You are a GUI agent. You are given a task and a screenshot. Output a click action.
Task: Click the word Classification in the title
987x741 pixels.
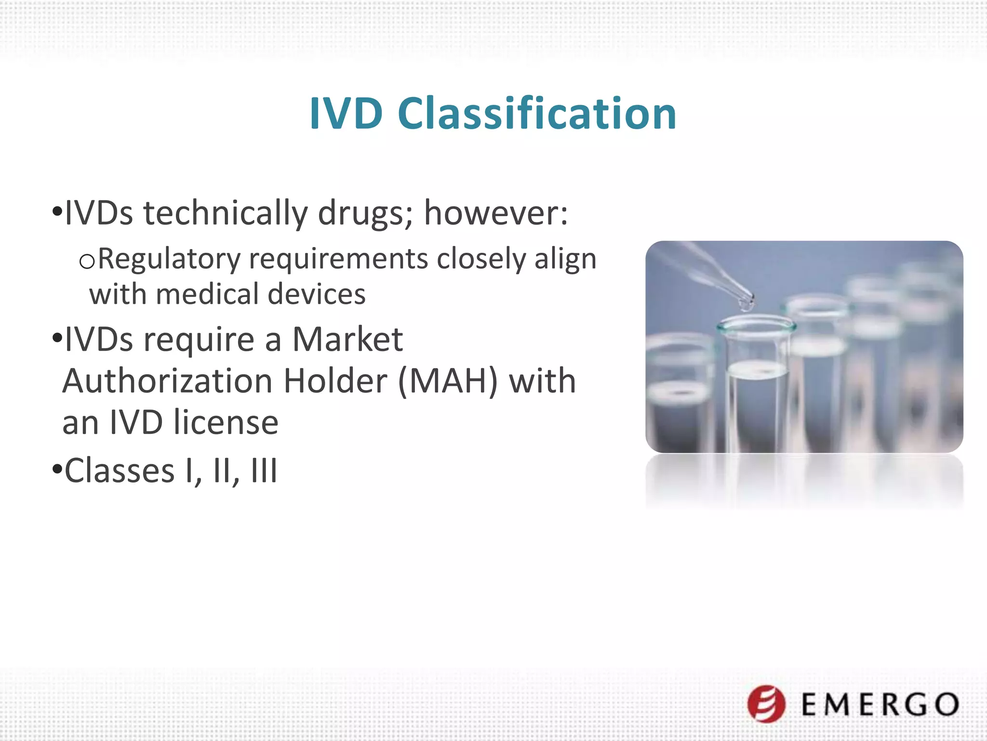537,114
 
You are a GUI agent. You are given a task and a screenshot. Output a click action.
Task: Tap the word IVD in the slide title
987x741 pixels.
346,114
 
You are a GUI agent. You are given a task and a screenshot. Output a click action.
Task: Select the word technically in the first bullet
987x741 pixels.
225,213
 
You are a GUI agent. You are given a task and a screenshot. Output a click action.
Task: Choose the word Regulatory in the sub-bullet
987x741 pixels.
169,259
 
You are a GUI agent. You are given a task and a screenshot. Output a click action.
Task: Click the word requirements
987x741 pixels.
338,259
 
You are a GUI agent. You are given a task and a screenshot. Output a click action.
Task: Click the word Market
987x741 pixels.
347,340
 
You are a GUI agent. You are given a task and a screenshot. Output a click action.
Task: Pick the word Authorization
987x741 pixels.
168,381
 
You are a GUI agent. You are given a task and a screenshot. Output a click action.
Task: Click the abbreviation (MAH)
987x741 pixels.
448,381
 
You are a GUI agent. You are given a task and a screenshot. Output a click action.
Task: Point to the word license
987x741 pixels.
226,423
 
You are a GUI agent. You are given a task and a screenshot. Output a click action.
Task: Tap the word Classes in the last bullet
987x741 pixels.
119,471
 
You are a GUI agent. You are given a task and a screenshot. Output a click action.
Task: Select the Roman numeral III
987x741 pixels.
264,471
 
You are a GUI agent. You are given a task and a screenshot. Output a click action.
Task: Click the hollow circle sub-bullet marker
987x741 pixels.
87,261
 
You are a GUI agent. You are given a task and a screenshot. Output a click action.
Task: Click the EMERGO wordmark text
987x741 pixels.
880,704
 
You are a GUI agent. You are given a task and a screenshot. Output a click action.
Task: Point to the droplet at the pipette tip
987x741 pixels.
747,305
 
